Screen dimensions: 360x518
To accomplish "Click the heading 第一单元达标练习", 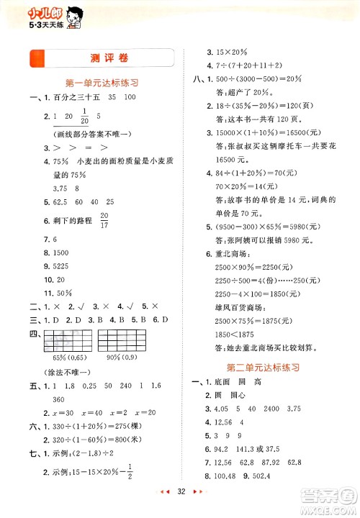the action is (x=102, y=83).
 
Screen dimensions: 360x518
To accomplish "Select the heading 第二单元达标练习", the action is (x=268, y=367).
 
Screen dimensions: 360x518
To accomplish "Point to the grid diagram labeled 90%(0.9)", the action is (x=120, y=336).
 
